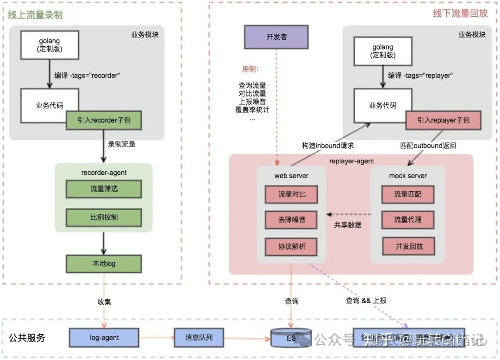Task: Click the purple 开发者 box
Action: [276, 37]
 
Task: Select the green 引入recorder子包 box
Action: [104, 120]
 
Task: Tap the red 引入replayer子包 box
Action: [443, 120]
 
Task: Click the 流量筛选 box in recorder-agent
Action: [104, 189]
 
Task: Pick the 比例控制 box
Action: [104, 217]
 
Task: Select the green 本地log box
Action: [104, 264]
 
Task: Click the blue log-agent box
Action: [104, 338]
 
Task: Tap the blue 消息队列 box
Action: [199, 338]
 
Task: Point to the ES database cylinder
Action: [291, 338]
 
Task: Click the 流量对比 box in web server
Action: [292, 194]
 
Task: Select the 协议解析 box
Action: [292, 247]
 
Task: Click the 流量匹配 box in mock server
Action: [408, 194]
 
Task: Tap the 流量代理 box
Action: [408, 220]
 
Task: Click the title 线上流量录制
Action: [35, 15]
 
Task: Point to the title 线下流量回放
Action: [460, 13]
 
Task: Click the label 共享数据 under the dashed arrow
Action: [348, 225]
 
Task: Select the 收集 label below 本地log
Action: [104, 302]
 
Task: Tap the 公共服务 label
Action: [27, 338]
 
